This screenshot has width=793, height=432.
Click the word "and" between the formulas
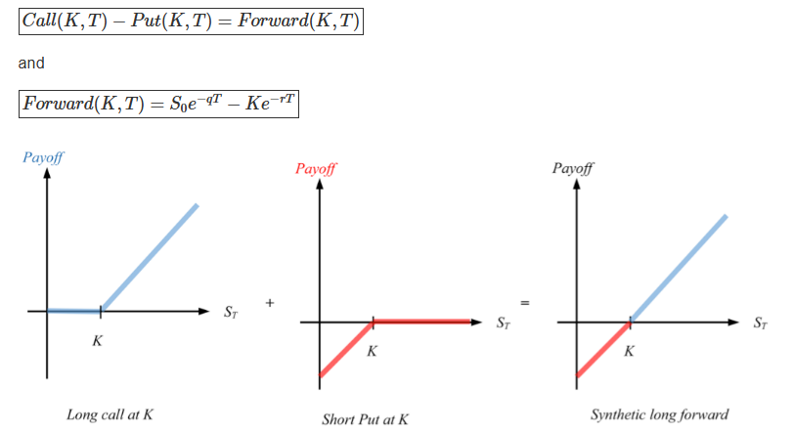tap(31, 63)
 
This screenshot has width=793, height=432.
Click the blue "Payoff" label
tap(42, 159)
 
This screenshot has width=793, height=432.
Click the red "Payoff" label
tap(315, 168)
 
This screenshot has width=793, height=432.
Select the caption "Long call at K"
tap(110, 414)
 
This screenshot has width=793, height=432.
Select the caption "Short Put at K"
tap(365, 419)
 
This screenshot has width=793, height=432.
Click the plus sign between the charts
tap(270, 304)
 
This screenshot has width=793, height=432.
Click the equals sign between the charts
tap(525, 304)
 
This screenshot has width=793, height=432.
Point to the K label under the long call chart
tap(97, 341)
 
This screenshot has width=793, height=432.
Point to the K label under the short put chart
tap(372, 352)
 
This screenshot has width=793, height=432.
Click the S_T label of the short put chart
tap(503, 323)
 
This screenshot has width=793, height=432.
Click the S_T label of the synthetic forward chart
tap(760, 323)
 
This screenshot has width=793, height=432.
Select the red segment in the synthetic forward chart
tap(603, 348)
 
